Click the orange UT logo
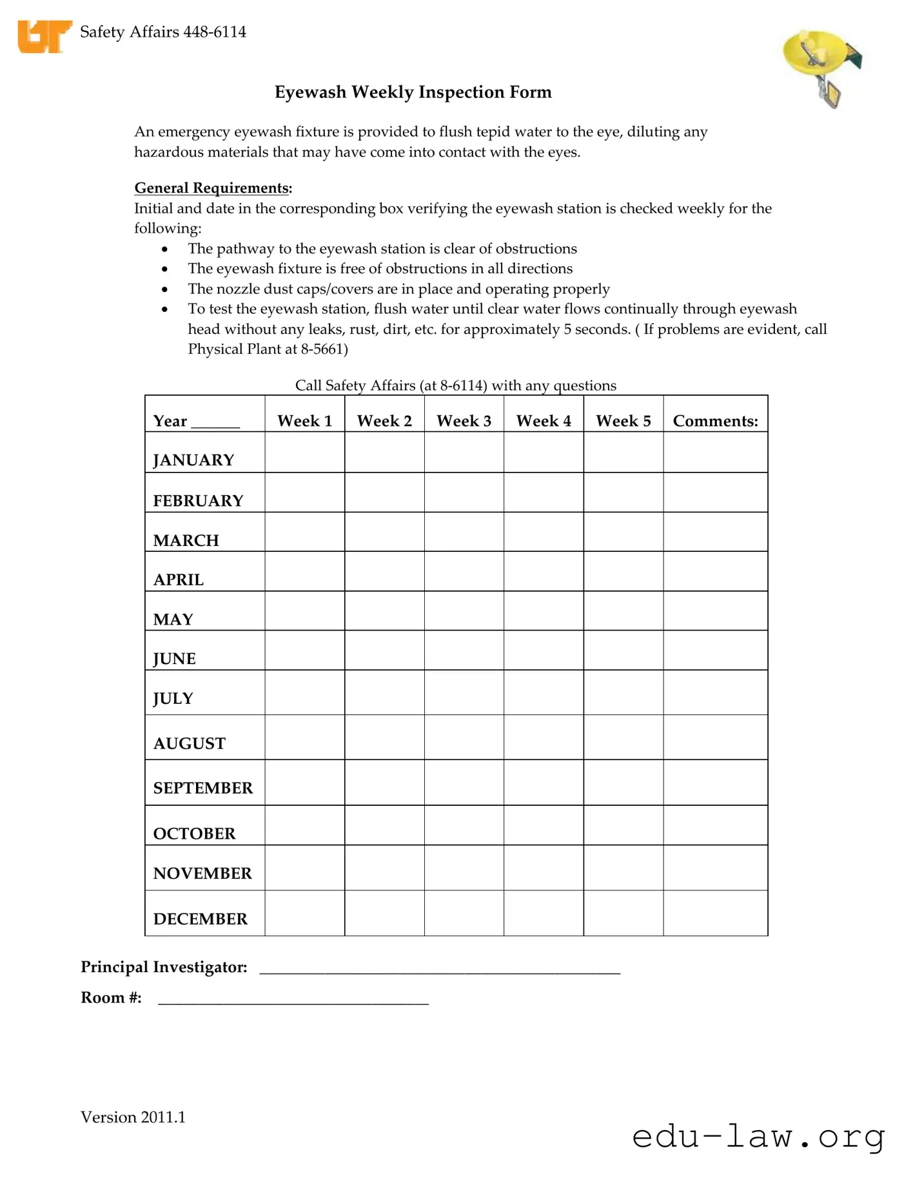coord(44,36)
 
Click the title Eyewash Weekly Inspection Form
coord(413,92)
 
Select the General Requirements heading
coord(212,188)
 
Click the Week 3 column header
coord(464,421)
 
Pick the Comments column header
coord(715,421)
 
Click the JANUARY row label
coord(193,460)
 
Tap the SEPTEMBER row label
coord(202,788)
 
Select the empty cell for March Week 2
coord(384,532)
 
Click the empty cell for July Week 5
coord(623,692)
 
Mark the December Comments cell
coord(715,913)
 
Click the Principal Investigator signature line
coord(440,970)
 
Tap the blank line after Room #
coord(293,1000)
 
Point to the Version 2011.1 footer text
coord(133,1117)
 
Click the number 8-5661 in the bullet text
coord(322,349)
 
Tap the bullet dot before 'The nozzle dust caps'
coord(165,289)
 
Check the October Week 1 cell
coord(304,825)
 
